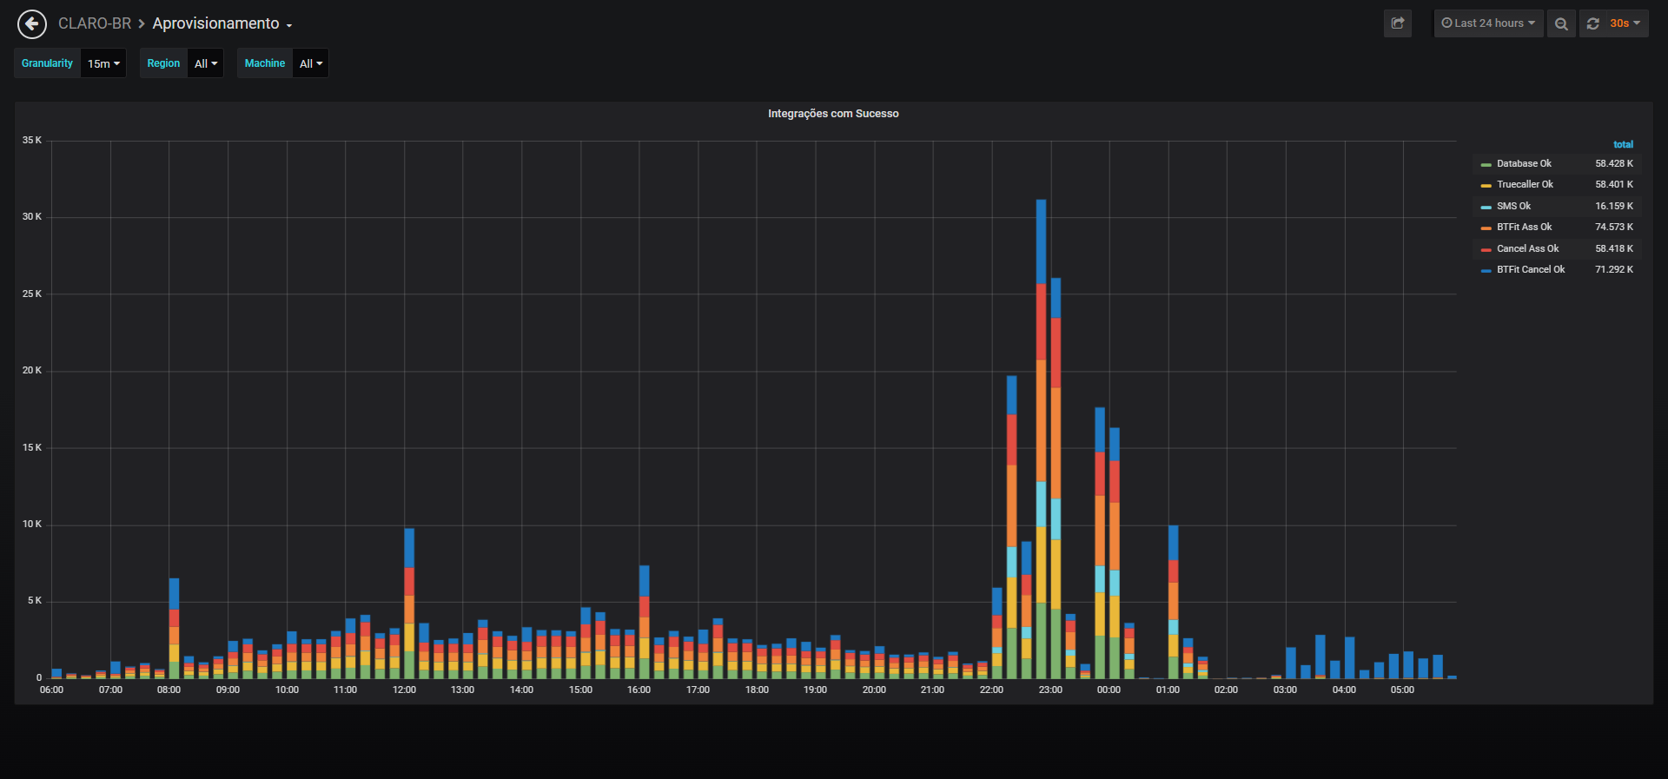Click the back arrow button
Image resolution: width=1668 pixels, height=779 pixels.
point(32,23)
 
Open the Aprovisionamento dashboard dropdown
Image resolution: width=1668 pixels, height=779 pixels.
point(222,23)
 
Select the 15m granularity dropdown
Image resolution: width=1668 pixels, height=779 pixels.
point(103,63)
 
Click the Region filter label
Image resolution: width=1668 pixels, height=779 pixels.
point(163,63)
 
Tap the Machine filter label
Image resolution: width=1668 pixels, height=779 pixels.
point(265,63)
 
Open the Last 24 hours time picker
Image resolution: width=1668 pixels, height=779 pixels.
point(1488,23)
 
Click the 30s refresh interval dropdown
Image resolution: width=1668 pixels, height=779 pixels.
point(1624,23)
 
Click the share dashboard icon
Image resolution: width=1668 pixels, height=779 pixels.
point(1398,23)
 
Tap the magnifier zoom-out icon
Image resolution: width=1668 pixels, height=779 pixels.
point(1561,23)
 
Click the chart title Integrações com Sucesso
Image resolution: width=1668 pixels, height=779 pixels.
point(833,114)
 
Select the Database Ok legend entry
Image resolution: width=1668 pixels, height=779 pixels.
point(1524,163)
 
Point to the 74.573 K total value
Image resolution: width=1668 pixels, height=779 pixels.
point(1614,227)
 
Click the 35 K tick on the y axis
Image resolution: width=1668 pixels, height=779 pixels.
point(32,140)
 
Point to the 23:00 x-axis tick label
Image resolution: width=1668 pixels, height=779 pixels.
point(1050,690)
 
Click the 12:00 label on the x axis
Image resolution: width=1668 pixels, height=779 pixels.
point(404,690)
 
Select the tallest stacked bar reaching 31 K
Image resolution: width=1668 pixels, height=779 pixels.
point(1041,439)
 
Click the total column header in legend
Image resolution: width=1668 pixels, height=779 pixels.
point(1623,144)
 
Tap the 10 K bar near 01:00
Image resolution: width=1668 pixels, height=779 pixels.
point(1173,602)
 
